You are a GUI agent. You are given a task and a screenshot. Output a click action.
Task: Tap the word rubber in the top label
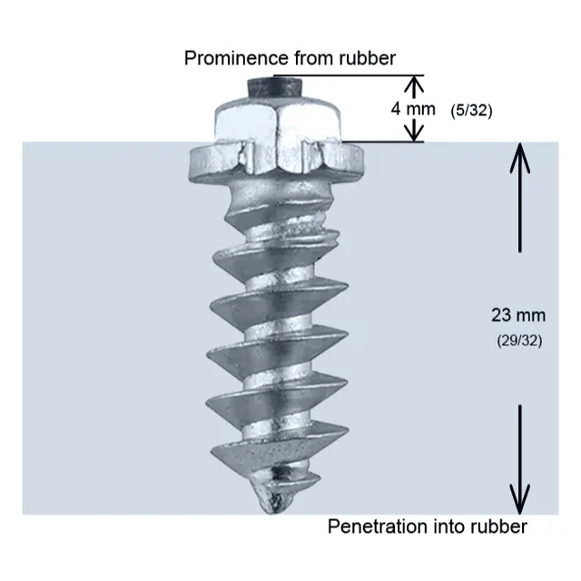366,59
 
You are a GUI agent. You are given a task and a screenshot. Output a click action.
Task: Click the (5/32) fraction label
470,109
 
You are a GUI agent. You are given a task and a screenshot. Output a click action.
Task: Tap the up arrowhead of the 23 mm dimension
518,154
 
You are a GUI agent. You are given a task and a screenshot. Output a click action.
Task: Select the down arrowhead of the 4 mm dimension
414,133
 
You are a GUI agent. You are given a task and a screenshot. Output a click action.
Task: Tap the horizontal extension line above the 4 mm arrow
363,74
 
